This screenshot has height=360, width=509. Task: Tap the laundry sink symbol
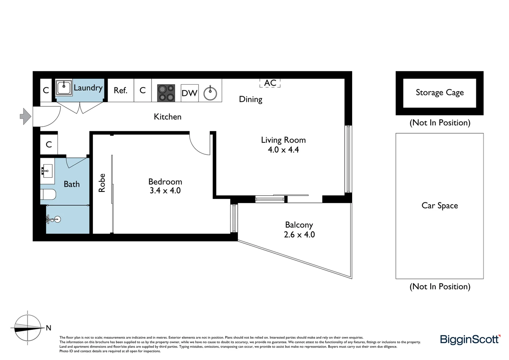pos(64,88)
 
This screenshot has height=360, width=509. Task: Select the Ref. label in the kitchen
pos(120,90)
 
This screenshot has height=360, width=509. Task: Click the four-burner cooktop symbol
pos(166,93)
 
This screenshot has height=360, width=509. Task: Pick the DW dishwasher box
pos(190,93)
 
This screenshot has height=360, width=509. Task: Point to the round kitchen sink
pos(210,93)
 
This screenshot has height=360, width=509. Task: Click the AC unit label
pos(270,83)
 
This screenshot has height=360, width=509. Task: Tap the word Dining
pos(251,99)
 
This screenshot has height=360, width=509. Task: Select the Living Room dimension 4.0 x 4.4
pos(283,150)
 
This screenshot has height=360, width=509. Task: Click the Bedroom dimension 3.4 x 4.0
pos(165,190)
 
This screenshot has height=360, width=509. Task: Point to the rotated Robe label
pos(102,183)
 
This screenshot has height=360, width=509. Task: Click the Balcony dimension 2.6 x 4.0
pos(299,234)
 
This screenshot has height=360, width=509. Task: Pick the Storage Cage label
pos(439,93)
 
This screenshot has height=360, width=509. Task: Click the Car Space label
pos(439,206)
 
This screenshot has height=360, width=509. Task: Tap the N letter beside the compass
pos(49,328)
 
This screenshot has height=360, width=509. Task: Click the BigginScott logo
pos(470,339)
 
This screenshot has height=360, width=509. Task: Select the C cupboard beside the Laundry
pos(46,90)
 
